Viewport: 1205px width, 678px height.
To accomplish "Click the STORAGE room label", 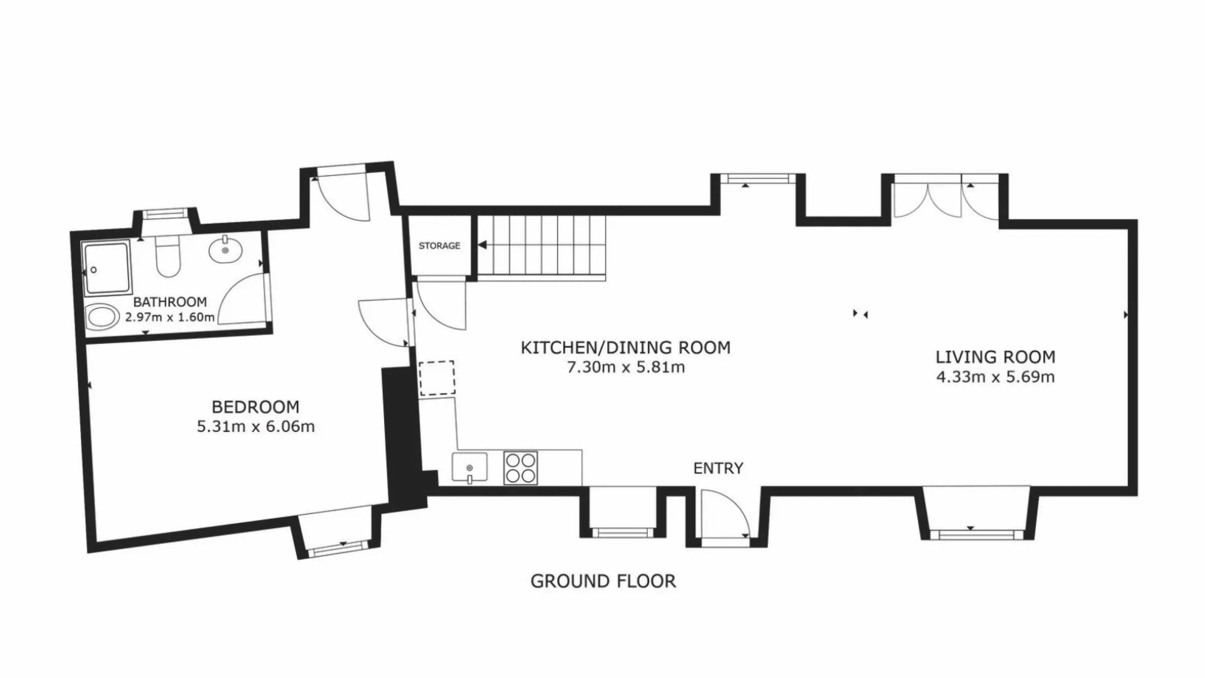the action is point(439,246).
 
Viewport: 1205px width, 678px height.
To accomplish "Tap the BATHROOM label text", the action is point(170,302).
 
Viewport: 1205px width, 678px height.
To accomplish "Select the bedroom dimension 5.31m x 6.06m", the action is point(256,427).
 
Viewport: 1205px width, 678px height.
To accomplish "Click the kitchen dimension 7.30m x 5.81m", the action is point(626,367).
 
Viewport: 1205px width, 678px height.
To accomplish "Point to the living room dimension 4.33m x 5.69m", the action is point(995,377).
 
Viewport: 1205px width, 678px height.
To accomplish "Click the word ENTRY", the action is point(718,468).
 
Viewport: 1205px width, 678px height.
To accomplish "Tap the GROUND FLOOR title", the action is point(603,581).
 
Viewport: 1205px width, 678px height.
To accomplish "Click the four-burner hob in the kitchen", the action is point(520,468).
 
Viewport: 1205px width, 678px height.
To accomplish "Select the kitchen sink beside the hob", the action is point(469,468).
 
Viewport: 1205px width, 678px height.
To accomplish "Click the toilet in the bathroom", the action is point(168,256).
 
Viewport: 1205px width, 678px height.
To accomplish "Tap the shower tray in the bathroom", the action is point(106,268).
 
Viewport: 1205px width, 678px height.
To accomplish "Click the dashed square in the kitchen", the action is point(437,378).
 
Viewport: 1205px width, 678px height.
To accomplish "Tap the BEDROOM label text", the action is point(256,406).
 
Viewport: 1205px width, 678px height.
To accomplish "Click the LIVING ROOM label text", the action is point(996,357).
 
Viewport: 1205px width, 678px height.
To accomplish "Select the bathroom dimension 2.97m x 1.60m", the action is point(170,317).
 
